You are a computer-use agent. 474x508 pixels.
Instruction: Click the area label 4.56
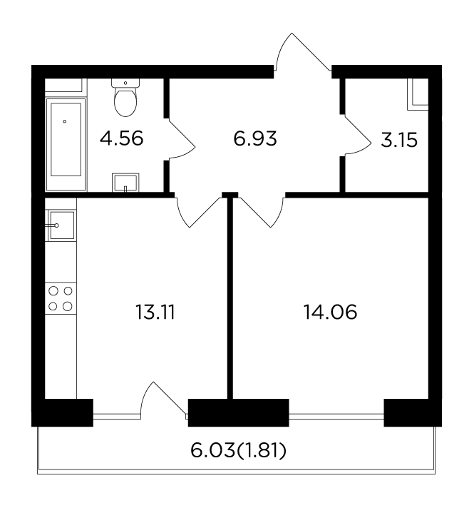pos(121,138)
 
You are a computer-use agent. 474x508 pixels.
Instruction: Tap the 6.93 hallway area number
pos(255,138)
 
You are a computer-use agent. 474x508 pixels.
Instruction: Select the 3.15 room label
pos(399,141)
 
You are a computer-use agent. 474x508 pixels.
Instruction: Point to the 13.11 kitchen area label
pos(155,313)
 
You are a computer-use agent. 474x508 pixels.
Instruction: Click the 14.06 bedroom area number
pos(330,313)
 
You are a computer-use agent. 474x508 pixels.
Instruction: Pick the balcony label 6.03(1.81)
pos(238,451)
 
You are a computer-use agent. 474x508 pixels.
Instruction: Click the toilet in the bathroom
pos(125,98)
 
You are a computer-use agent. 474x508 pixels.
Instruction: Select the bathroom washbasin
pos(125,183)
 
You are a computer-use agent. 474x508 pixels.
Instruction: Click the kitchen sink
pos(61,225)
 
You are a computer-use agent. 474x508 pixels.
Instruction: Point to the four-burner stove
pos(61,298)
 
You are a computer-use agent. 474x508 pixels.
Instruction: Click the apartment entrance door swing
pos(302,52)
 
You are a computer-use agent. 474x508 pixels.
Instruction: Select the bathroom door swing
pos(182,139)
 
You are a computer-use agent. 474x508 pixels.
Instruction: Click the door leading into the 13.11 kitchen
pos(197,212)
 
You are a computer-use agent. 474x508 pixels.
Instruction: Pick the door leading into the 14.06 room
pos(262,212)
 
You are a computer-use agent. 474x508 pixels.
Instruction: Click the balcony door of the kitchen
pos(163,400)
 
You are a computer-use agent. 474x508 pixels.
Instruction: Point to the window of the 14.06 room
pos(336,417)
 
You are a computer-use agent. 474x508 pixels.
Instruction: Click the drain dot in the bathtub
pos(65,121)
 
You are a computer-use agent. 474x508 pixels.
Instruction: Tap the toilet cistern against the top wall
pos(125,83)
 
